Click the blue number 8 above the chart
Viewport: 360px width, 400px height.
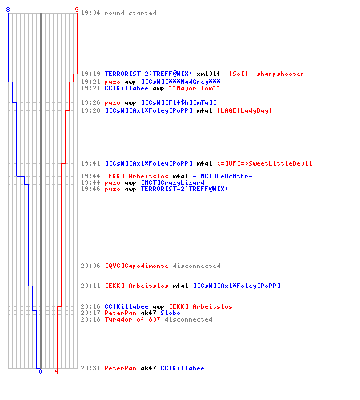(x=8, y=10)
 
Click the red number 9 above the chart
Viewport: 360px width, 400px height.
(x=77, y=10)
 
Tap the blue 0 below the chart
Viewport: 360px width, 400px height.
(x=40, y=371)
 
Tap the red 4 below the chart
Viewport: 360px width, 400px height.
(x=57, y=371)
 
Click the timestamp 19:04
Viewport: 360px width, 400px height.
(x=90, y=13)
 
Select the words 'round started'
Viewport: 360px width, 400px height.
(x=130, y=13)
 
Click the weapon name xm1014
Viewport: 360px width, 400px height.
(x=208, y=74)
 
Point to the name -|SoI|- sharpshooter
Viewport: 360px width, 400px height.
(x=264, y=74)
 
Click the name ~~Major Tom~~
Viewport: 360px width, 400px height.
(x=194, y=88)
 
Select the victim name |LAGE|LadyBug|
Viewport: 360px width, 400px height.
(x=245, y=110)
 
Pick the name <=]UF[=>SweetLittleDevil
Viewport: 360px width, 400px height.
(x=265, y=163)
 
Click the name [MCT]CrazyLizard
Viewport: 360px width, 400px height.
(x=173, y=182)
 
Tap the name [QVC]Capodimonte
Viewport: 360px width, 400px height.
(x=136, y=266)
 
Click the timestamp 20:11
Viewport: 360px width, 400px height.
(x=90, y=286)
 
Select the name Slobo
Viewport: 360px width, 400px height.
(x=170, y=313)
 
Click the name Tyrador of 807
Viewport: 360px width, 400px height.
(x=132, y=319)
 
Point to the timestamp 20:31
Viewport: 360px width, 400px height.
(x=90, y=368)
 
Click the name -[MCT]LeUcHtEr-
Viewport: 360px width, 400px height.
(x=222, y=176)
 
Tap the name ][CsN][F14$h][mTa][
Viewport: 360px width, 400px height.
(x=178, y=102)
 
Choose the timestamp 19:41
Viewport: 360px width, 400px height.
(x=90, y=163)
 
